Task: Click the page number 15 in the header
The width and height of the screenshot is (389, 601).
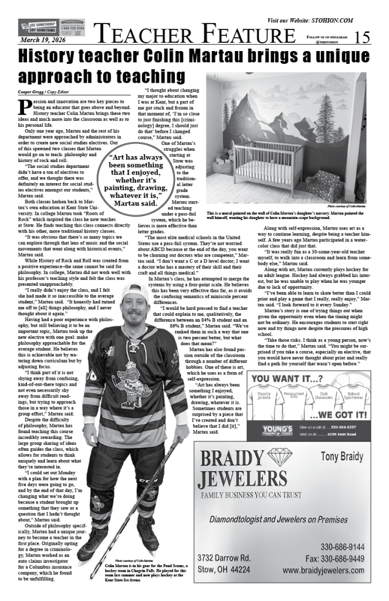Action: point(363,37)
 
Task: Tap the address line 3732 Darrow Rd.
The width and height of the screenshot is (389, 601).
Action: point(224,558)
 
